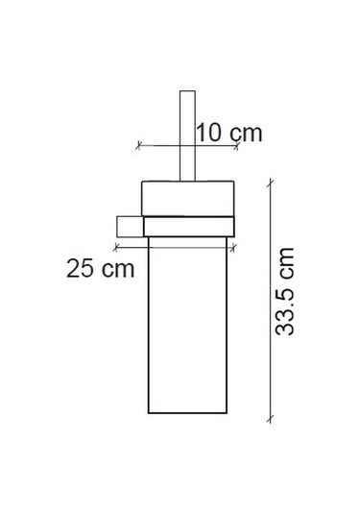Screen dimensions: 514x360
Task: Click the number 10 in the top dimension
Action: click(x=209, y=132)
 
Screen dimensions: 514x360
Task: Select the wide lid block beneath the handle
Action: click(x=188, y=198)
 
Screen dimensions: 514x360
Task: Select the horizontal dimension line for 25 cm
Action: click(x=188, y=247)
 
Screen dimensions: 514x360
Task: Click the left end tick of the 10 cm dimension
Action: click(x=140, y=146)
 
